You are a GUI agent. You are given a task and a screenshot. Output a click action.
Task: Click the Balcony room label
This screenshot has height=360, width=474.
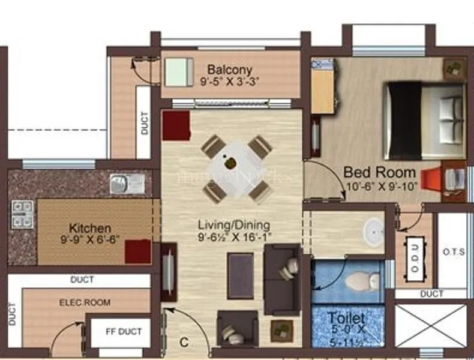(x=229, y=69)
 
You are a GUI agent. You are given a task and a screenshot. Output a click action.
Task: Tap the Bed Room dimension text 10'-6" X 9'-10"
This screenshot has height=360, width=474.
(x=382, y=186)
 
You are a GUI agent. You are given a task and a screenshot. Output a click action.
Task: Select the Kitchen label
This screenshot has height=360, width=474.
(x=90, y=228)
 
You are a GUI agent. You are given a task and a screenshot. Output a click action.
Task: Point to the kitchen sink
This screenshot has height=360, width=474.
(x=127, y=183)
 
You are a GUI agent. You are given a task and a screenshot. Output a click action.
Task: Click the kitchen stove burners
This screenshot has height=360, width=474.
(x=23, y=214)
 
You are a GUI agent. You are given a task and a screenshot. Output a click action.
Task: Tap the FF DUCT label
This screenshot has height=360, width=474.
(x=124, y=331)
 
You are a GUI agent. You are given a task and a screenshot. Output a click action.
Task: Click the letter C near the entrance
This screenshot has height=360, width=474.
(x=185, y=343)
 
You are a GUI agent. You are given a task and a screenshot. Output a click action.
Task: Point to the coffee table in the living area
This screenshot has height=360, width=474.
(x=240, y=275)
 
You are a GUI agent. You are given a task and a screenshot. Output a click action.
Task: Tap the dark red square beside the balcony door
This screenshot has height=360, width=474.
(x=176, y=125)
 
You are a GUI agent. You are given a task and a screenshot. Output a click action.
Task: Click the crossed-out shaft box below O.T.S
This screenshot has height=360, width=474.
(x=431, y=325)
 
